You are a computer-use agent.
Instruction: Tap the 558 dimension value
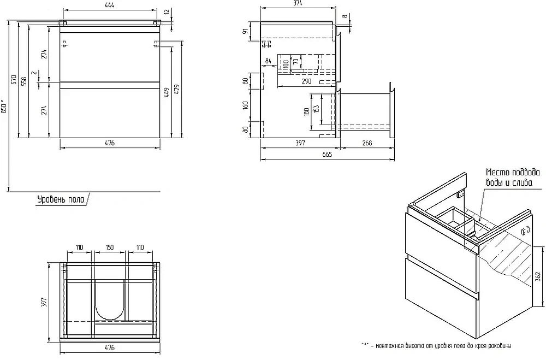pyautogui.click(x=25, y=81)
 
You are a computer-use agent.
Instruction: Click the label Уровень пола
pyautogui.click(x=61, y=200)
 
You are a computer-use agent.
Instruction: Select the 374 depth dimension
pyautogui.click(x=298, y=4)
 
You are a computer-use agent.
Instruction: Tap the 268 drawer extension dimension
pyautogui.click(x=366, y=144)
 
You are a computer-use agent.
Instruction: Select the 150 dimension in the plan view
pyautogui.click(x=110, y=247)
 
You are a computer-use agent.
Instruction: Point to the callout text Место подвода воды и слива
pyautogui.click(x=508, y=178)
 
